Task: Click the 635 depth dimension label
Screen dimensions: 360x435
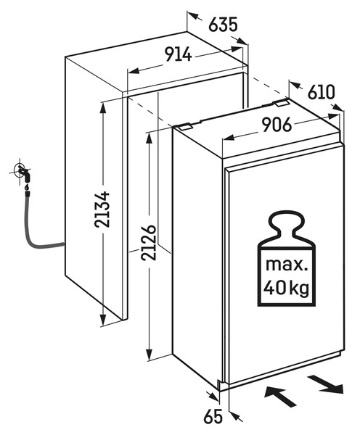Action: point(223,25)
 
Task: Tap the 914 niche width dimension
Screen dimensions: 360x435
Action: point(179,54)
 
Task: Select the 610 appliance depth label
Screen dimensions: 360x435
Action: point(322,92)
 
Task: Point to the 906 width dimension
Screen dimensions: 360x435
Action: point(277,125)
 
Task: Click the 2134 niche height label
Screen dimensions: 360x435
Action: point(102,210)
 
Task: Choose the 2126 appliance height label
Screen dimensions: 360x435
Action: point(149,243)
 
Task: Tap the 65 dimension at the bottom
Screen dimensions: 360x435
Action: point(213,416)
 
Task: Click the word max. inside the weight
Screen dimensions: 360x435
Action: point(287,265)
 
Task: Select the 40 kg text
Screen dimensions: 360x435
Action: point(287,289)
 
